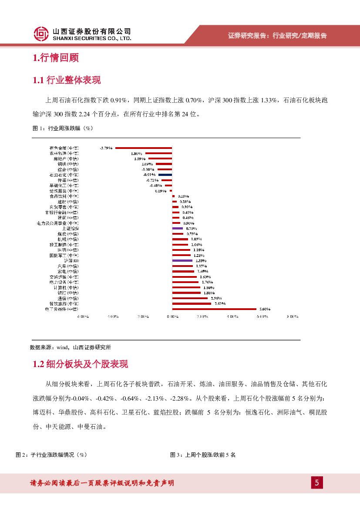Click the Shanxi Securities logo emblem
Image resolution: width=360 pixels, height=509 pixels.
[x=41, y=33]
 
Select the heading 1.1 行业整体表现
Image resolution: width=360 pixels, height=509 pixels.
[x=67, y=80]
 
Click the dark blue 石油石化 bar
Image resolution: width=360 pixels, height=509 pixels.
[x=165, y=175]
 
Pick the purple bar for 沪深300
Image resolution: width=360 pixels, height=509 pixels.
[x=182, y=260]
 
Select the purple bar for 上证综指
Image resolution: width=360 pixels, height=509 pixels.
[x=177, y=228]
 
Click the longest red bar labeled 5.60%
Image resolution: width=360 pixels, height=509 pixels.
[x=214, y=309]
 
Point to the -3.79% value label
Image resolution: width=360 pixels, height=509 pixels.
[x=106, y=148]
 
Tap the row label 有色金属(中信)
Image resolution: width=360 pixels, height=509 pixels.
[x=64, y=148]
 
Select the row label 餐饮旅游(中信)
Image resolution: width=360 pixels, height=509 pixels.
[x=64, y=303]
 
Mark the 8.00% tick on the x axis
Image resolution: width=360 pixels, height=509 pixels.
[x=292, y=317]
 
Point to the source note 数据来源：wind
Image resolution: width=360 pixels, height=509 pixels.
[x=70, y=347]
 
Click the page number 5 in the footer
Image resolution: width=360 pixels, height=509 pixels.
[x=316, y=482]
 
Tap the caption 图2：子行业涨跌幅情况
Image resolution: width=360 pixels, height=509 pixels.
[x=52, y=455]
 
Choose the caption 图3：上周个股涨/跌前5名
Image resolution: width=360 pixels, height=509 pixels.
[x=203, y=455]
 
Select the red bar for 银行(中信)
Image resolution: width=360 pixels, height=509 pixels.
[x=186, y=293]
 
